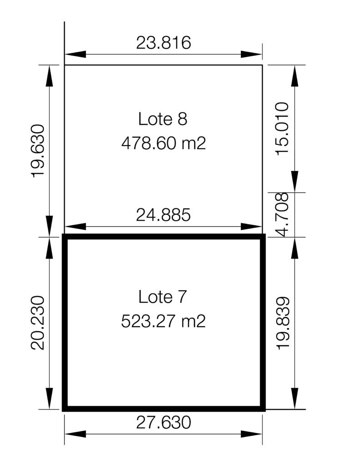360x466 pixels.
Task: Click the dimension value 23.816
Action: (163, 43)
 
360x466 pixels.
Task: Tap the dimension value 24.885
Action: (163, 215)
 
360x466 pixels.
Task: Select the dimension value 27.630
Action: (163, 422)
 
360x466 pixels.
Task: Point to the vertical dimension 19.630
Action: (38, 151)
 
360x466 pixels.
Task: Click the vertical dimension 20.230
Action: (38, 323)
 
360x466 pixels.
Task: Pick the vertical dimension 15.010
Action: (282, 128)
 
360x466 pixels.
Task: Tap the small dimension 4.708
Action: (282, 215)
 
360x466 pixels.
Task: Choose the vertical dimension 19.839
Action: (282, 323)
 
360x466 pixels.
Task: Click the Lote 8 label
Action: (163, 119)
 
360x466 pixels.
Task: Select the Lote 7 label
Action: (162, 297)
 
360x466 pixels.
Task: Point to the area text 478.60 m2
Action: (163, 143)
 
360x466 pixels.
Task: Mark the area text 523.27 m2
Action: (163, 321)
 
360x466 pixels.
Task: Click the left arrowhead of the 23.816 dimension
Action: (75, 55)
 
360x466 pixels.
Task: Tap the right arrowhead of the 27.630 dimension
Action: (252, 434)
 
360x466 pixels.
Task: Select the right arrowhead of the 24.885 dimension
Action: (252, 227)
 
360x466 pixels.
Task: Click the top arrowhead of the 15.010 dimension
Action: (294, 76)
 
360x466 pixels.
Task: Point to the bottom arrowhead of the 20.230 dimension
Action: (49, 398)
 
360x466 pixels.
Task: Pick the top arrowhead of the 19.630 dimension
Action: (49, 76)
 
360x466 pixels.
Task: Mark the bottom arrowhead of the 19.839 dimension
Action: (294, 398)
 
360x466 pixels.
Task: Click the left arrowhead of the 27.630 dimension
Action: (75, 434)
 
